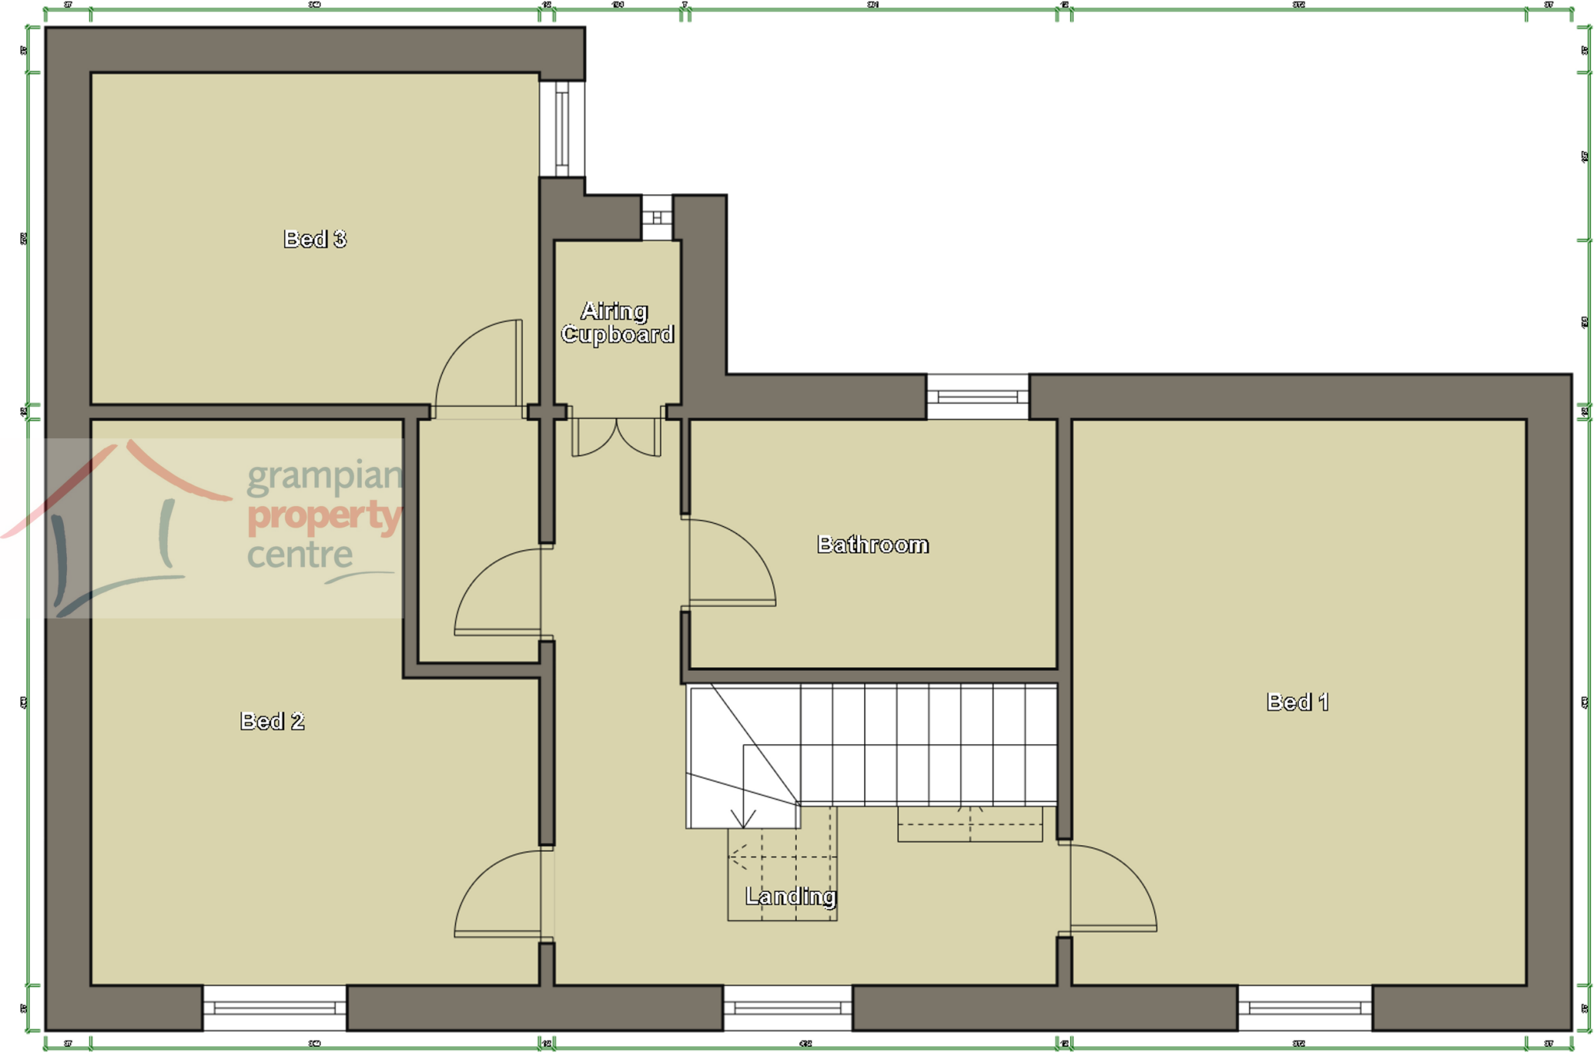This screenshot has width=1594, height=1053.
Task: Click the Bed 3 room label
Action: point(314,239)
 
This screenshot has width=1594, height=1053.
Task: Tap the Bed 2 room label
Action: point(272,721)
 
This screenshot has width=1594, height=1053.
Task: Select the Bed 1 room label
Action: point(1297,702)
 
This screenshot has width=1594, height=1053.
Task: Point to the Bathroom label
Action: point(872,545)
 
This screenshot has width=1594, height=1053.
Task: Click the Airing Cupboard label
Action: point(617,323)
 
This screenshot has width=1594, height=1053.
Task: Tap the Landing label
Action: point(790,897)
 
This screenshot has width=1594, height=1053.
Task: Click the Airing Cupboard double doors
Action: point(616,437)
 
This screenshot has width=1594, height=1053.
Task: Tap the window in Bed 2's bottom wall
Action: point(275,1008)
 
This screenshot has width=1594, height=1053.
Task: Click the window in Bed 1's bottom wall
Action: point(1304,1008)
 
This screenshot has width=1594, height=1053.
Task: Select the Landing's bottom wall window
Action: point(788,1008)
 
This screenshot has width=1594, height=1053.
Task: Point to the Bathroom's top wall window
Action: point(978,397)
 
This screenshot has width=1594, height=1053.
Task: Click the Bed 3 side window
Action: point(562,128)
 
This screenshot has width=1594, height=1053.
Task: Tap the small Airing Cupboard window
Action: point(657,217)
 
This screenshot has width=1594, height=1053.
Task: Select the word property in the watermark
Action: point(325,516)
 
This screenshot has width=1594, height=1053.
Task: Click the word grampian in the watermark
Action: point(325,476)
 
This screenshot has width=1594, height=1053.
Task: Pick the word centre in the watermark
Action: point(300,555)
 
